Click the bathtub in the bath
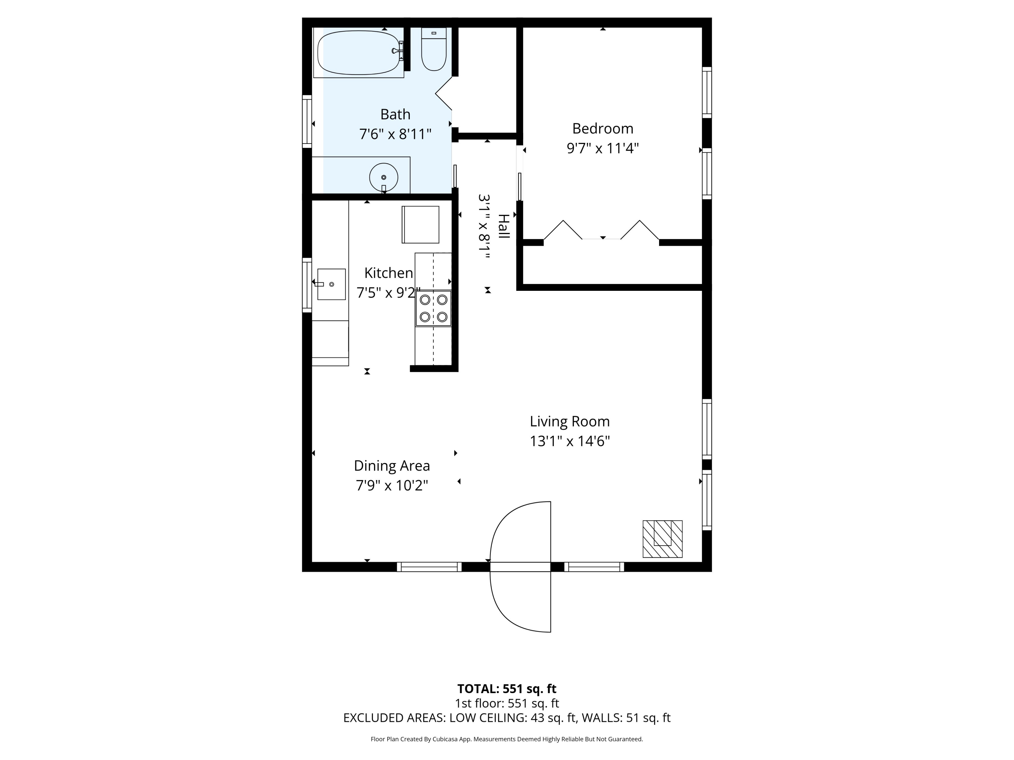[x=359, y=52]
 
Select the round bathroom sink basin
[x=383, y=177]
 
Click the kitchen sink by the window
[x=332, y=284]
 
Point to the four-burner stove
[x=433, y=308]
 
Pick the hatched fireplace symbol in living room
[x=662, y=539]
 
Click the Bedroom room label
[x=602, y=128]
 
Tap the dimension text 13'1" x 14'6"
[x=569, y=441]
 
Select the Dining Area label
[x=392, y=465]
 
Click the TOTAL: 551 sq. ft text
[x=507, y=688]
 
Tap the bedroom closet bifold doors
[x=601, y=230]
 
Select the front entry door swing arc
[x=520, y=567]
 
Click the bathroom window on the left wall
[x=307, y=121]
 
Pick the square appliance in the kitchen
[x=420, y=225]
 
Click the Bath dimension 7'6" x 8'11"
[x=395, y=134]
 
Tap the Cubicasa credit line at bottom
[x=507, y=739]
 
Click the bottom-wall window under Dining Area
[x=429, y=567]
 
